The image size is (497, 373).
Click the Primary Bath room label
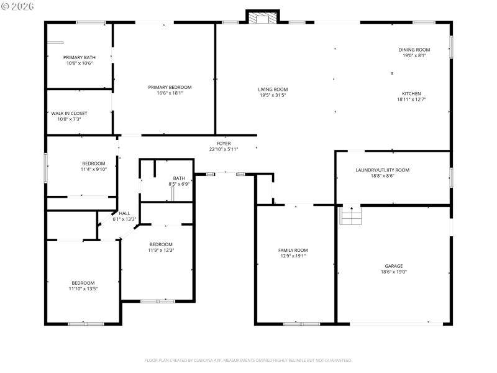click(x=79, y=57)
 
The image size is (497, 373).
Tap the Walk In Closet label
click(x=69, y=113)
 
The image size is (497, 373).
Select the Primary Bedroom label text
click(x=170, y=87)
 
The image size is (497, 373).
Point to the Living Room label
click(x=273, y=90)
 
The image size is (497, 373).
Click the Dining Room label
click(x=414, y=50)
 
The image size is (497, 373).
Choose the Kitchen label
click(x=411, y=94)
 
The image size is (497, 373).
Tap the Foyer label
click(x=224, y=144)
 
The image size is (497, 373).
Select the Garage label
click(x=394, y=265)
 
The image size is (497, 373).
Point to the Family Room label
click(x=293, y=250)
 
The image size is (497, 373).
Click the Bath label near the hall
click(x=179, y=178)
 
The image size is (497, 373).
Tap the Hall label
click(x=124, y=213)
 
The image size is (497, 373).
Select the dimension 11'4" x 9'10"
click(x=93, y=169)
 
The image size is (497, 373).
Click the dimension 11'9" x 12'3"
click(x=160, y=250)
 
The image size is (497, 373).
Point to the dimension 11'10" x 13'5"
click(x=83, y=288)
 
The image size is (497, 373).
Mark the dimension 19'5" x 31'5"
click(x=273, y=95)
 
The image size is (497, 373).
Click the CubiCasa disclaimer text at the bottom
click(x=248, y=360)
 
